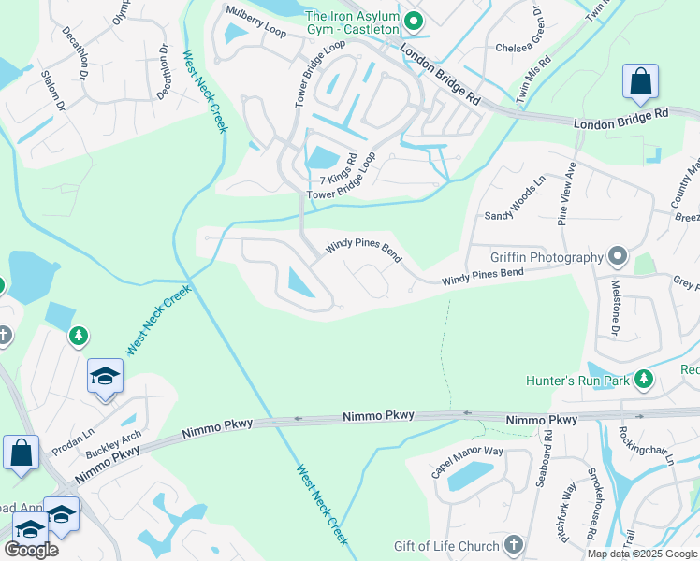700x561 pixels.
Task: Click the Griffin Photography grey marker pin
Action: pos(617,255)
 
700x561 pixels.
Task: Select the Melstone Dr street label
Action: pos(616,313)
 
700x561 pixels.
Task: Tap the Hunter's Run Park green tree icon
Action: pos(643,379)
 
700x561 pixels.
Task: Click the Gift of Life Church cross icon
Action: pos(513,544)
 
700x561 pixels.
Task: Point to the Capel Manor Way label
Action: pos(467,462)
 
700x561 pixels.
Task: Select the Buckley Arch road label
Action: pos(113,443)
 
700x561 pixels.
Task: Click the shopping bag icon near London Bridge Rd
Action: pos(640,83)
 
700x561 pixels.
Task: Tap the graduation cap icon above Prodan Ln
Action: pos(105,376)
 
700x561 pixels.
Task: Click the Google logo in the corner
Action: pos(31,550)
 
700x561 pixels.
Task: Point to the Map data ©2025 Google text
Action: pos(641,554)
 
